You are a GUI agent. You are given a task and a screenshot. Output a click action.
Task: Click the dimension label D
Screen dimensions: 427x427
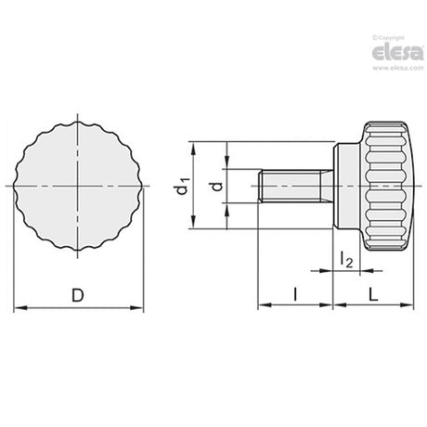click(78, 295)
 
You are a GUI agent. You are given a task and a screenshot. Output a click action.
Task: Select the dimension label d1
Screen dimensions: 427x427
click(182, 186)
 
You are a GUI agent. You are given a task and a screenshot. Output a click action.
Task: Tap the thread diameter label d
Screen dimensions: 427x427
click(216, 187)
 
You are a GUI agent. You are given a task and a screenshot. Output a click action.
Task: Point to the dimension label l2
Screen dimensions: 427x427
click(346, 259)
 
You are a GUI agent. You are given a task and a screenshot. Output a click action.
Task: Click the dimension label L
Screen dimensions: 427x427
click(373, 294)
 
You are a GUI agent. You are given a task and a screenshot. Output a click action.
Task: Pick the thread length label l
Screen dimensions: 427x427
click(295, 294)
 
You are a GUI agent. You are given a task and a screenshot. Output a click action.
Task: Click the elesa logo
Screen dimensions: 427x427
click(397, 53)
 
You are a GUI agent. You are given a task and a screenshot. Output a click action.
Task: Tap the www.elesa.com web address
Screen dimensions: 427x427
click(397, 68)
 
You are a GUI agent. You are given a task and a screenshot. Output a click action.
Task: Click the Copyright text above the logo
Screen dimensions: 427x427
click(388, 38)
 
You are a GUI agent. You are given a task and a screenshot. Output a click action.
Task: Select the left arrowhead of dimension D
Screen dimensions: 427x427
click(20, 308)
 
